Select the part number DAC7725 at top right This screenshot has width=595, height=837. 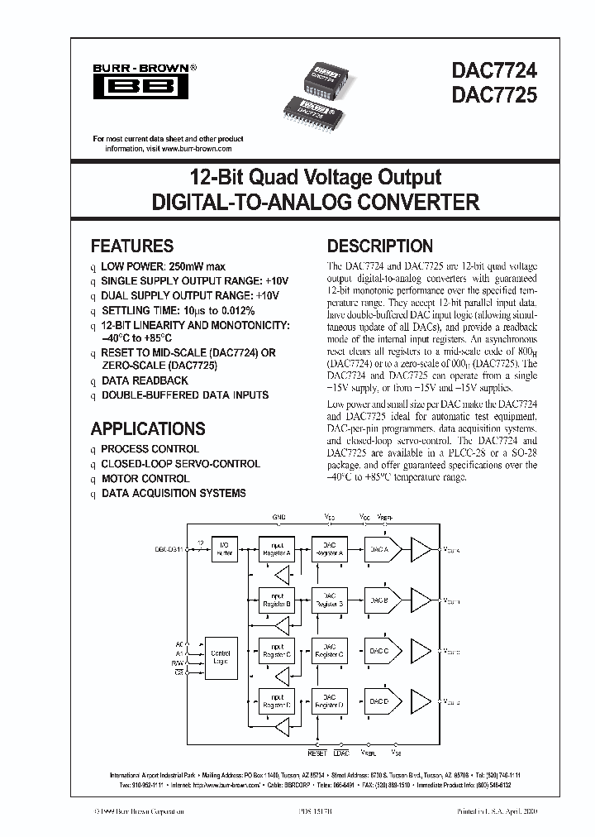click(495, 94)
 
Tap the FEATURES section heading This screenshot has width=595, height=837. click(132, 246)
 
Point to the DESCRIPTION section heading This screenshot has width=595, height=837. click(380, 246)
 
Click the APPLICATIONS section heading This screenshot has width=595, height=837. click(148, 428)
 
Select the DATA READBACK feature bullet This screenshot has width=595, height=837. click(145, 380)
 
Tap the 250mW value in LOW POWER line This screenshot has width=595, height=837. click(184, 266)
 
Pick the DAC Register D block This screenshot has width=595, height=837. click(330, 703)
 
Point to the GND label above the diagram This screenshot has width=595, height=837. click(279, 516)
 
